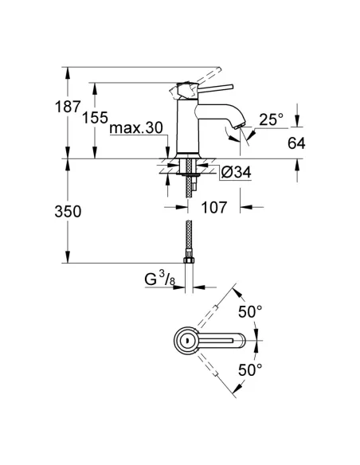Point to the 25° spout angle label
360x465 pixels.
click(x=271, y=119)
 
